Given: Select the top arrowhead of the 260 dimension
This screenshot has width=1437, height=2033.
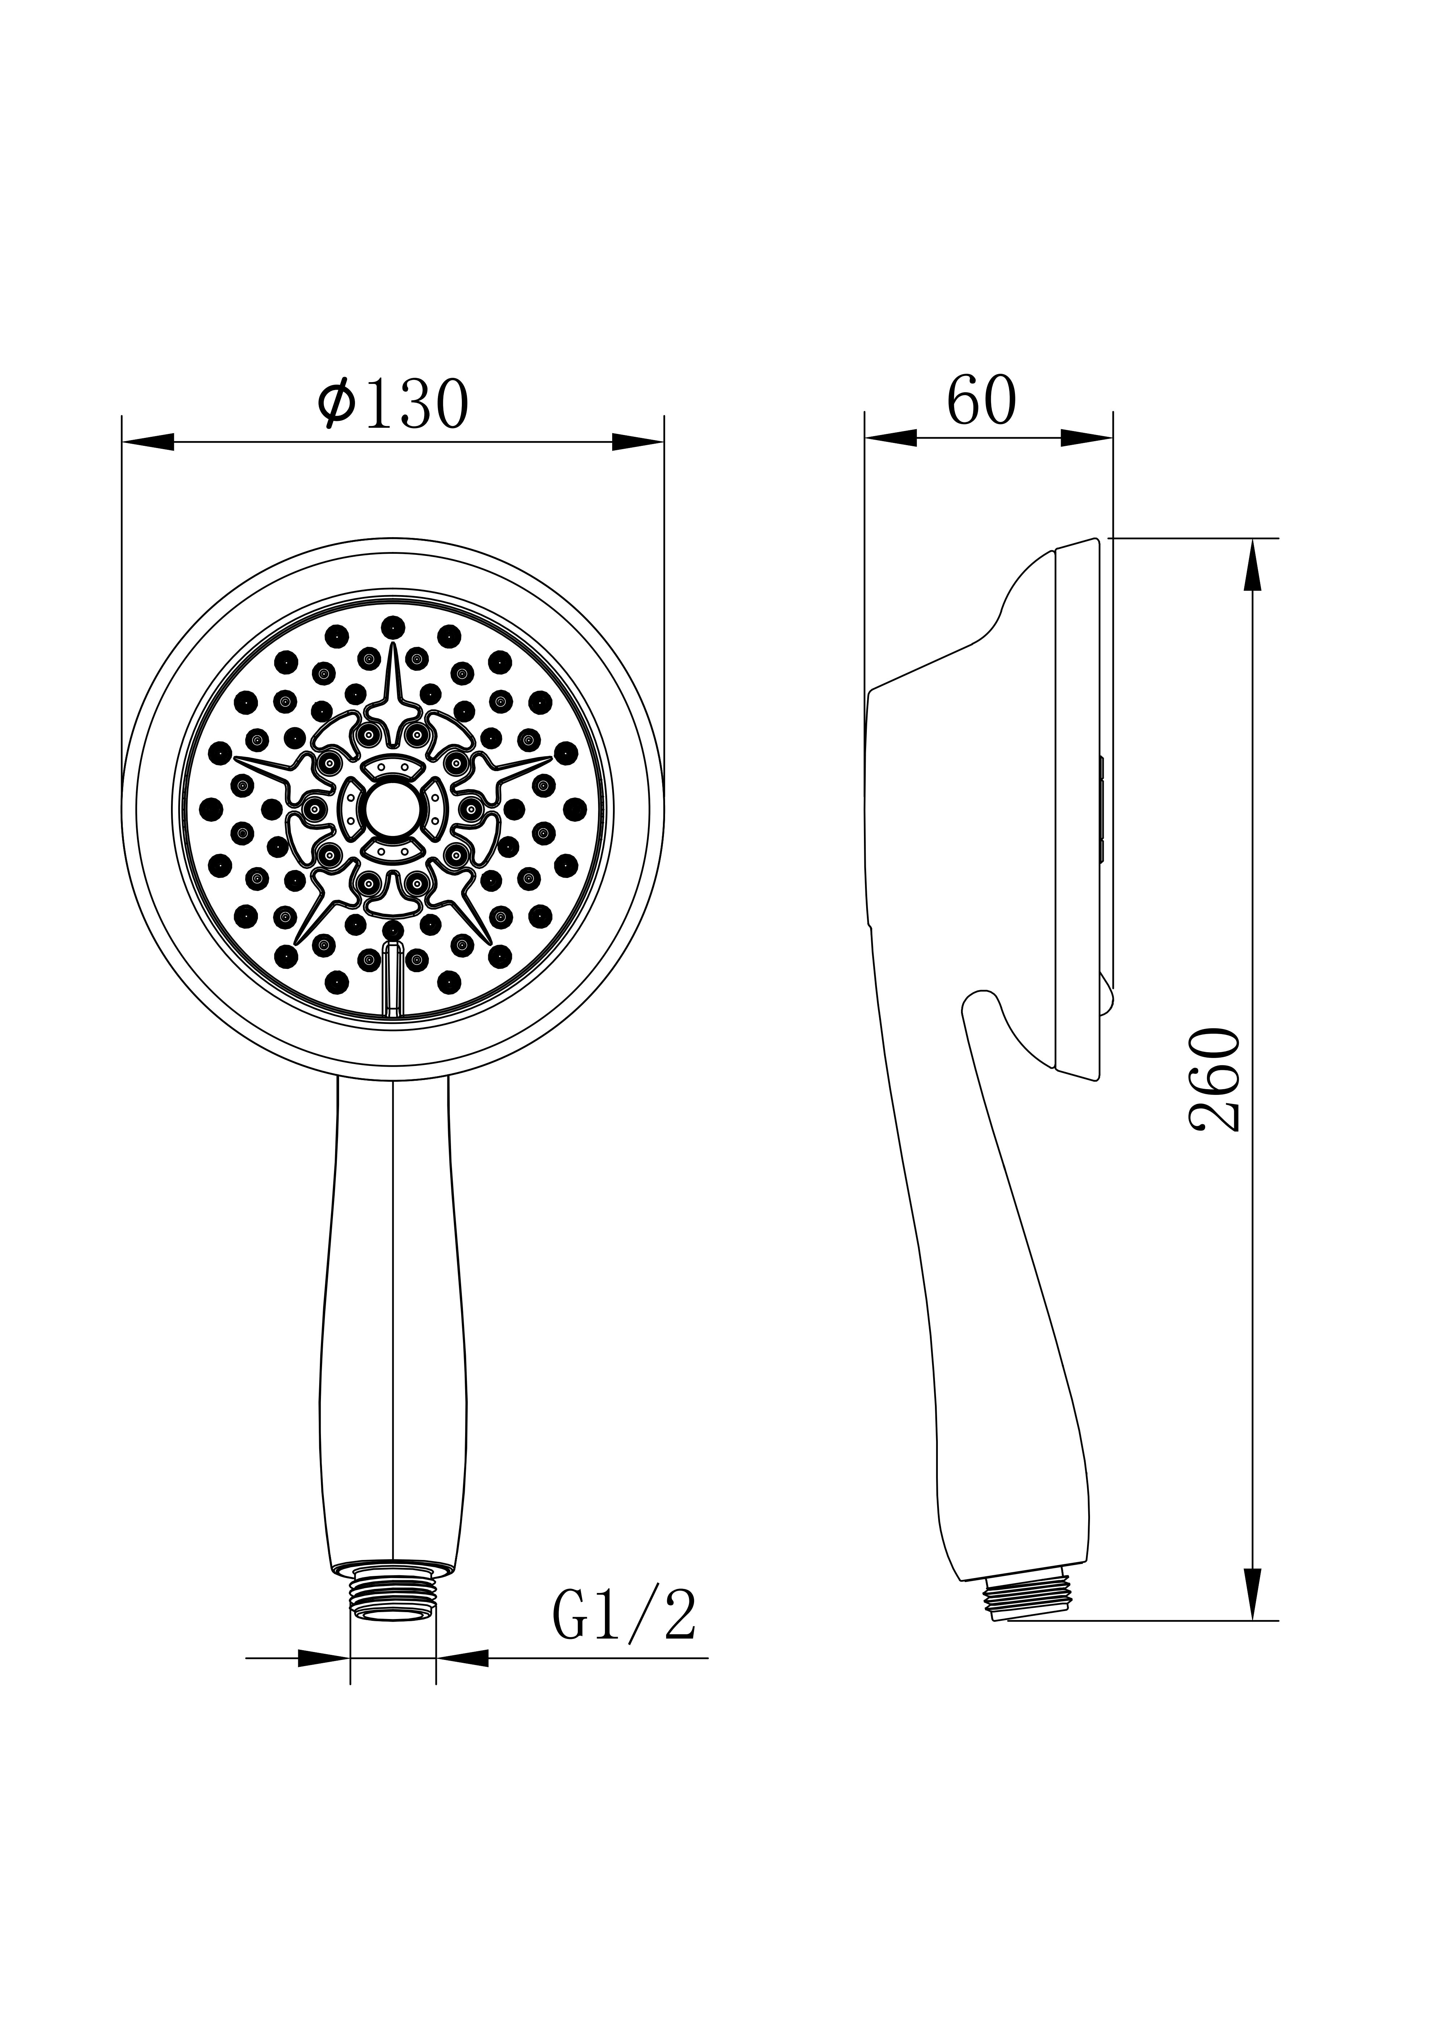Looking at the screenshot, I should [x=1252, y=567].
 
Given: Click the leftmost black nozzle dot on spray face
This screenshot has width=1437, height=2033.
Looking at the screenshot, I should [x=211, y=808].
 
